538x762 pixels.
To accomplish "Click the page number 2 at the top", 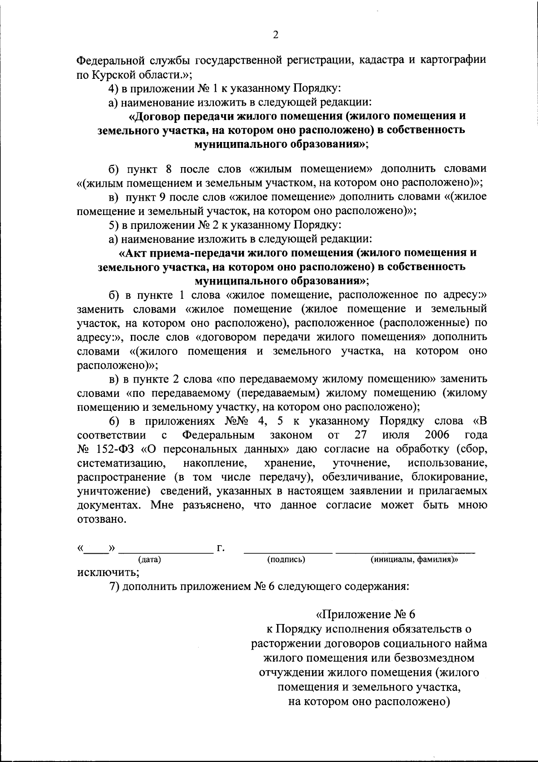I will point(275,35).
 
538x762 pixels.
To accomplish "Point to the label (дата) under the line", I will point(149,559).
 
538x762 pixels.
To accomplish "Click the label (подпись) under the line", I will point(286,559).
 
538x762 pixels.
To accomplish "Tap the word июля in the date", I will point(396,435).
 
